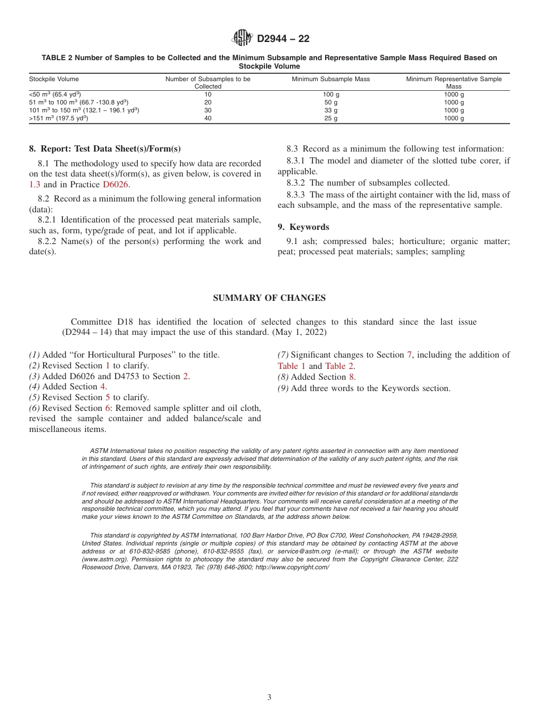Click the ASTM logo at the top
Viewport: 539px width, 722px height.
[x=242, y=39]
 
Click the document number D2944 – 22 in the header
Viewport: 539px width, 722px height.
[x=283, y=39]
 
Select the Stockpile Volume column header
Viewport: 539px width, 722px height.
[x=54, y=79]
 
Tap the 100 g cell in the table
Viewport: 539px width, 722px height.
[x=331, y=95]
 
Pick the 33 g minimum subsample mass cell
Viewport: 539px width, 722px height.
[x=331, y=111]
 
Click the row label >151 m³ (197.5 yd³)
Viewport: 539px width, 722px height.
[x=58, y=119]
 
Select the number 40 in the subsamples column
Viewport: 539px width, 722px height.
[x=208, y=119]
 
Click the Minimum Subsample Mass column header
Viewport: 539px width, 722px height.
[x=331, y=79]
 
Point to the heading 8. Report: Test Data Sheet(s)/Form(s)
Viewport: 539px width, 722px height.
[x=105, y=149]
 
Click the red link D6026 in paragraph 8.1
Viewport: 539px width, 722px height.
[x=116, y=184]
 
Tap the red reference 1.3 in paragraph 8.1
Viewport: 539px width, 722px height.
[x=35, y=184]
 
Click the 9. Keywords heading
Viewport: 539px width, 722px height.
[x=303, y=227]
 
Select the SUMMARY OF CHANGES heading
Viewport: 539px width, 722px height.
[x=269, y=298]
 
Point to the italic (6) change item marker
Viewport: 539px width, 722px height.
[x=34, y=408]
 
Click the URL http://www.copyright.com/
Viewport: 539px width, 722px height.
[x=292, y=567]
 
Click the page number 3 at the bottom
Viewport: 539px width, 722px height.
[x=269, y=698]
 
